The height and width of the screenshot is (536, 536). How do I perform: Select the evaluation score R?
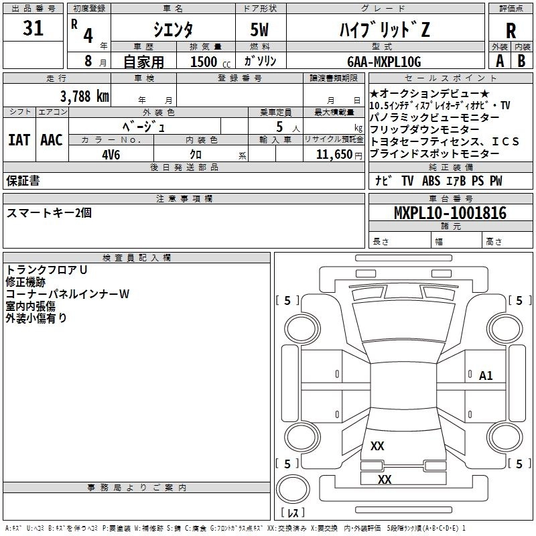click(x=511, y=31)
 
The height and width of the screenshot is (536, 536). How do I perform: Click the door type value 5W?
click(x=260, y=29)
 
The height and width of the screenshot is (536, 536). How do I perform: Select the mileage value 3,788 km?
click(x=84, y=96)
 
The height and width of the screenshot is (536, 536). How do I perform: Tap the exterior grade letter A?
click(x=498, y=61)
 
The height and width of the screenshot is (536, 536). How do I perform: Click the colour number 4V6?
click(x=111, y=153)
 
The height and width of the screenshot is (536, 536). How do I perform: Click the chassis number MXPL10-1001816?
click(x=450, y=213)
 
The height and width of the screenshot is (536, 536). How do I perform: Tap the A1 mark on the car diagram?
click(x=486, y=376)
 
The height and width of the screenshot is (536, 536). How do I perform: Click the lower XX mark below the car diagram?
click(x=384, y=479)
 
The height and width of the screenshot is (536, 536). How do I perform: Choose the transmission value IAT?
click(x=19, y=139)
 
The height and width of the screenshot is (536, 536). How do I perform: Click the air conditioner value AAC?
click(x=52, y=139)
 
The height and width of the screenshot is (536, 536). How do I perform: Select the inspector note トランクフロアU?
click(x=47, y=269)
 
